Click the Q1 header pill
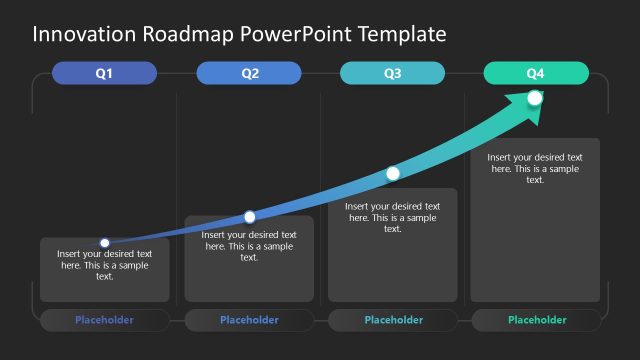coord(104,73)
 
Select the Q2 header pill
coord(249,73)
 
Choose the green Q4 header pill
coord(536,73)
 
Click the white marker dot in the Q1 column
coord(105,242)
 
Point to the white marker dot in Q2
coord(250,217)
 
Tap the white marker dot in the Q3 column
coord(393,174)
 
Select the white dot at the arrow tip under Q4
coord(535,98)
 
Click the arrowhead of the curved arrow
coord(530,104)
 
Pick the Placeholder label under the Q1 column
coord(104,320)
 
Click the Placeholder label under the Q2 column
coord(249,320)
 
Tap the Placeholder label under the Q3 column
coord(393,320)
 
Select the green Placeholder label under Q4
coord(537,320)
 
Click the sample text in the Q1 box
coord(104,265)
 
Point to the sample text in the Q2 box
coord(249,246)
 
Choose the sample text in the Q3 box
coord(393,217)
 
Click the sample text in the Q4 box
coord(536,168)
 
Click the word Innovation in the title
coord(86,34)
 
